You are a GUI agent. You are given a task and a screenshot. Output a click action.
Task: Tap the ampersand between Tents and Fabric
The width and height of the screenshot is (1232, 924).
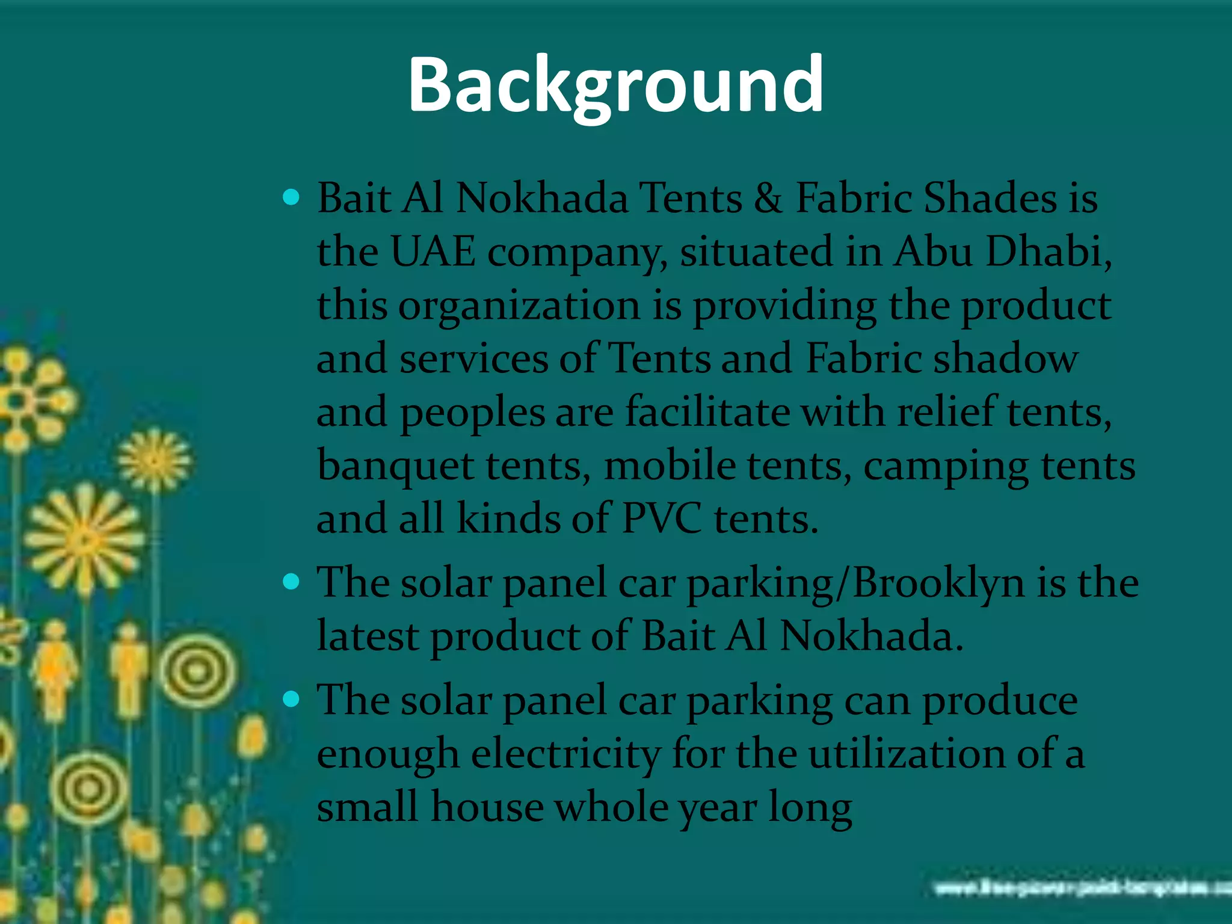(x=768, y=199)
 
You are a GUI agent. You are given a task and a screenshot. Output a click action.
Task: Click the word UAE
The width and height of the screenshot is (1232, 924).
(x=433, y=251)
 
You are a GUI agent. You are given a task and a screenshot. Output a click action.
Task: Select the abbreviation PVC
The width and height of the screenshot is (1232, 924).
(x=661, y=519)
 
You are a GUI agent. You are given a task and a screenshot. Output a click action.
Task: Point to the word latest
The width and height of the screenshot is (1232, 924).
(x=368, y=636)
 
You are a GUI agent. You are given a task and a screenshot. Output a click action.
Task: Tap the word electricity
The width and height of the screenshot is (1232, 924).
(x=565, y=754)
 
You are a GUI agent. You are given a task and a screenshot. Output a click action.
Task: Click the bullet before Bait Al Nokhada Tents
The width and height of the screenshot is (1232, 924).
(x=291, y=197)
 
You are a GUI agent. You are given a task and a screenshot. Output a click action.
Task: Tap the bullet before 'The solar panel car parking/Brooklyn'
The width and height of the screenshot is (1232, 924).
(x=291, y=582)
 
